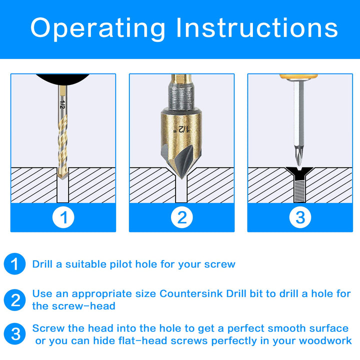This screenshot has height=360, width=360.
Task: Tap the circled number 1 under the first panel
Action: (63, 218)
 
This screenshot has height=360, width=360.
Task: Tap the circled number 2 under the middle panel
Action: (182, 218)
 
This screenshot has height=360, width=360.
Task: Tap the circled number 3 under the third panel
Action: (300, 218)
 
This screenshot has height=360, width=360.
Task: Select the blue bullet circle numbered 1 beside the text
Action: (15, 263)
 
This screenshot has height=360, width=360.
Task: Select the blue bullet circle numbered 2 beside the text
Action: (15, 300)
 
